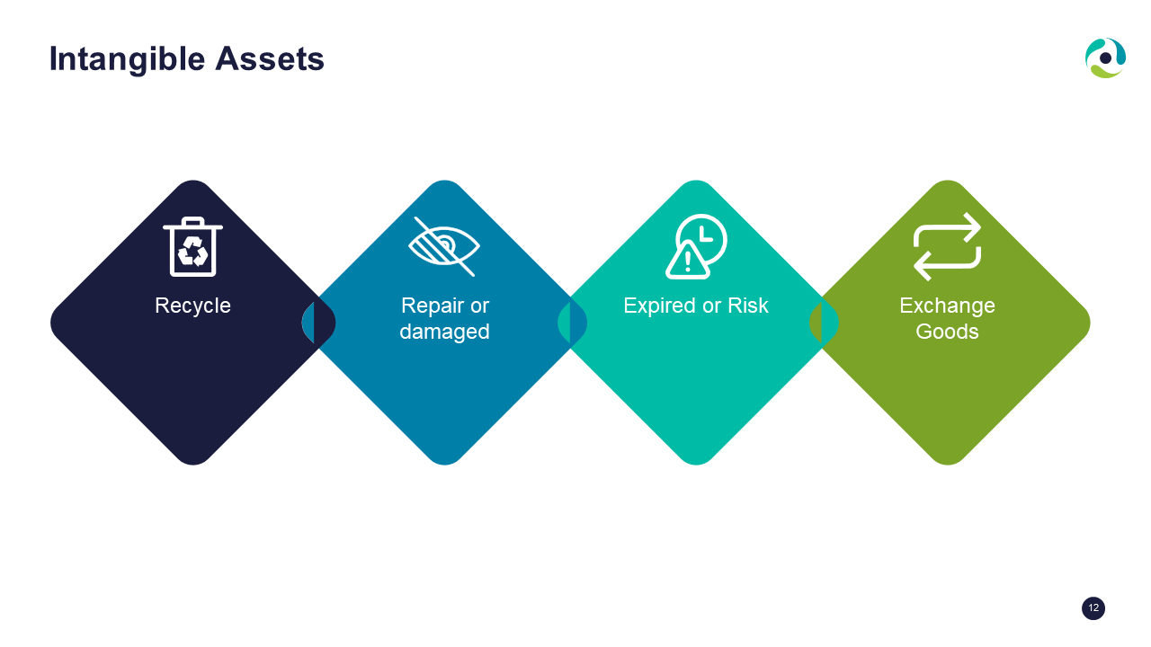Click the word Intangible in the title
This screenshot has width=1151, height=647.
point(127,60)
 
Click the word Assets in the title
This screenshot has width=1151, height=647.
point(270,58)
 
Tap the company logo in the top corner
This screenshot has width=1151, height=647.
point(1105,58)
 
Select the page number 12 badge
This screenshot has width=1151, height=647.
point(1093,608)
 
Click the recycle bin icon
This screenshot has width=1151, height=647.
point(192,246)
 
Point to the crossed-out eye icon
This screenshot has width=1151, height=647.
point(444,246)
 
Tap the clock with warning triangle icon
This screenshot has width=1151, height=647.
point(696,246)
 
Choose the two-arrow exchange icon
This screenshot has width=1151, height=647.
point(948,246)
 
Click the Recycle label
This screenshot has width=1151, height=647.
point(192,306)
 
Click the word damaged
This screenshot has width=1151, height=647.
point(444,332)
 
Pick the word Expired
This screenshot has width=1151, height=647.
point(660,306)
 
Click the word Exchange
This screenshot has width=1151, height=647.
point(947,306)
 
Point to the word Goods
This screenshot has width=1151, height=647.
point(947,332)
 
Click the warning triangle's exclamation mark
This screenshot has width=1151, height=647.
point(688,261)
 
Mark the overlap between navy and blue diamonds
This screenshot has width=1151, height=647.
point(318,323)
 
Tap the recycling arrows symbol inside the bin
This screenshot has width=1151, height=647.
point(192,251)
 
